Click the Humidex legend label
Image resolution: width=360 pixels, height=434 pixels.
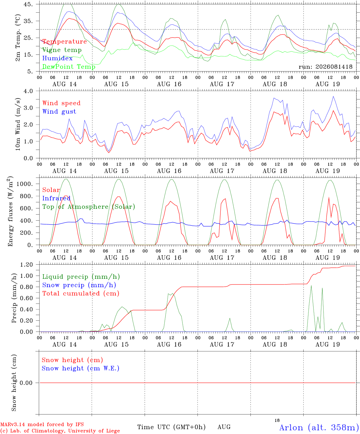tap(57, 58)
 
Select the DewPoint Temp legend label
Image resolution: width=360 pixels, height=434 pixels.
tap(69, 67)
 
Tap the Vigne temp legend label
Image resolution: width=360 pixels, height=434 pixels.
tap(62, 50)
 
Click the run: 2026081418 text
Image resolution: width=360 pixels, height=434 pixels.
tap(325, 67)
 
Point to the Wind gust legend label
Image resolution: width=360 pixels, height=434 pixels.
tap(59, 112)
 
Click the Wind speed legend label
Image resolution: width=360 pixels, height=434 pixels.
tap(61, 103)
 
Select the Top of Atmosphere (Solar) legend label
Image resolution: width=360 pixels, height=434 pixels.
tap(89, 207)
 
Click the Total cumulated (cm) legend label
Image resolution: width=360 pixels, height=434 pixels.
tap(81, 293)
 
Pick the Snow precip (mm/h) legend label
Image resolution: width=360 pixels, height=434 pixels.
tap(79, 285)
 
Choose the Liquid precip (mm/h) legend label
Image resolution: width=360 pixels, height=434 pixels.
tap(81, 277)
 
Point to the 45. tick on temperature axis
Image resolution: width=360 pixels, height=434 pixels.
tap(28, 4)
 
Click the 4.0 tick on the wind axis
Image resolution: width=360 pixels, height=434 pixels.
tap(28, 91)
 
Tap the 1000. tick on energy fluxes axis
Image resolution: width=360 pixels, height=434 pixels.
tap(24, 184)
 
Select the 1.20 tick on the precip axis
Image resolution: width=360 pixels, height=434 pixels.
tap(27, 265)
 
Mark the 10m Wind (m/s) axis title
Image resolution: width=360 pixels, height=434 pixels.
tap(18, 124)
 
